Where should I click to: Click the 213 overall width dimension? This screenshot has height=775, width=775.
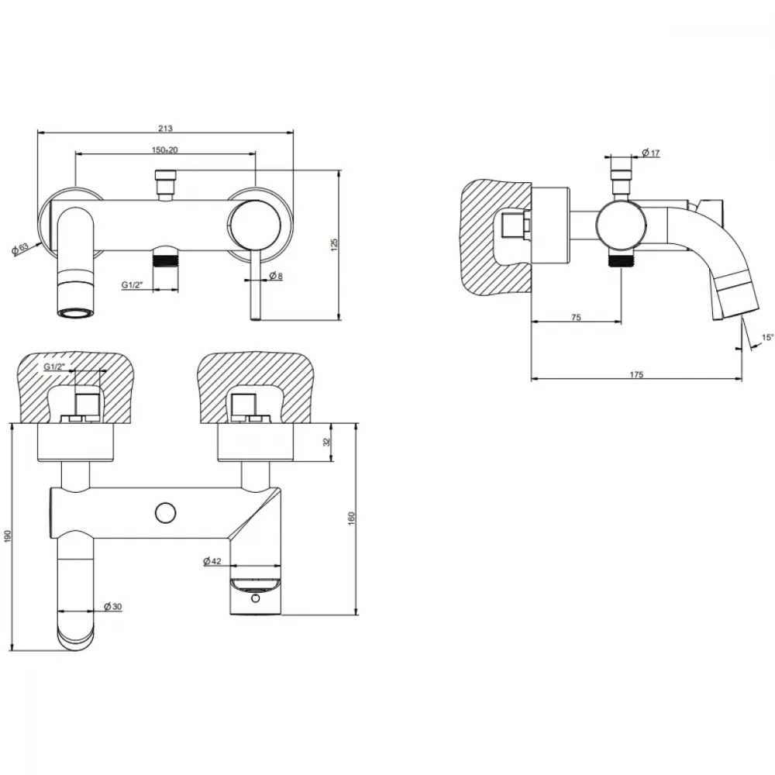[x=165, y=129]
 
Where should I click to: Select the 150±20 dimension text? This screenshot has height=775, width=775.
[x=165, y=150]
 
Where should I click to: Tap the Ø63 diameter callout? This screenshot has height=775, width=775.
[x=21, y=249]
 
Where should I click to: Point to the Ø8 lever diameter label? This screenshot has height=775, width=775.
[x=276, y=277]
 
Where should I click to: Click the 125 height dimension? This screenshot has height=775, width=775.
[x=334, y=245]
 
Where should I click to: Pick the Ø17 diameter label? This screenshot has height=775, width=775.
[x=652, y=153]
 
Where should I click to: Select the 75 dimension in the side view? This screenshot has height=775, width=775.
[x=576, y=318]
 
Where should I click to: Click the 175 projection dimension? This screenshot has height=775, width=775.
[x=636, y=374]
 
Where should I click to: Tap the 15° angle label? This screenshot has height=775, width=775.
[x=767, y=338]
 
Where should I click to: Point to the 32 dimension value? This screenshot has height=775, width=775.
[x=326, y=443]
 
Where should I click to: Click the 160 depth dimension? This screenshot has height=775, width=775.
[x=351, y=518]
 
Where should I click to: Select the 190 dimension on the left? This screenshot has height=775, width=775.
[x=7, y=537]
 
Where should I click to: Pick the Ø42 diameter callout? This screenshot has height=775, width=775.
[x=212, y=561]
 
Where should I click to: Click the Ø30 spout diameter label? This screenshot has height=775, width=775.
[x=113, y=607]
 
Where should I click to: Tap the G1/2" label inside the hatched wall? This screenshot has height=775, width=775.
[x=54, y=367]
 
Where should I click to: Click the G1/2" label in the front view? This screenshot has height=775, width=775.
[x=132, y=284]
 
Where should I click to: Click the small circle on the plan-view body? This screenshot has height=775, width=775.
[x=166, y=513]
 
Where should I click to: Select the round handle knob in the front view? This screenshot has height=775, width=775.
[x=253, y=226]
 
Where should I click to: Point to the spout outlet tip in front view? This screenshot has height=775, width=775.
[x=76, y=313]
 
